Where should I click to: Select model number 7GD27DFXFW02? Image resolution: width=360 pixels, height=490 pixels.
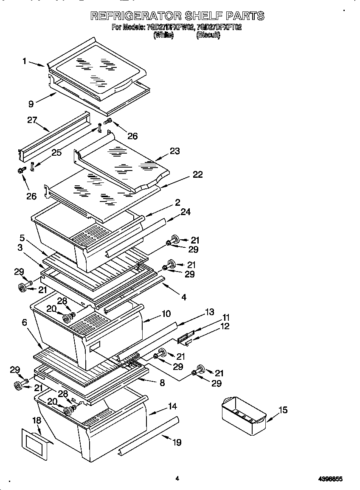click(x=170, y=28)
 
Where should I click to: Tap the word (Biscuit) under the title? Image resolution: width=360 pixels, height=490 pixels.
click(x=208, y=36)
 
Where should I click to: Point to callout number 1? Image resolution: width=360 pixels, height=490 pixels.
click(x=25, y=61)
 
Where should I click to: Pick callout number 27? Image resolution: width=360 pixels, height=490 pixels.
click(x=32, y=120)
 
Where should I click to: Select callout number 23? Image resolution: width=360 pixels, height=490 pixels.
click(x=175, y=151)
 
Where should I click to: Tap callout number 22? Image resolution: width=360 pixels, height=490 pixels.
click(x=197, y=174)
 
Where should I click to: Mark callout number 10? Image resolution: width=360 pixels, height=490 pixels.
click(x=166, y=314)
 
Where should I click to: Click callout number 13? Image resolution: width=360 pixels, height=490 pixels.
click(x=209, y=312)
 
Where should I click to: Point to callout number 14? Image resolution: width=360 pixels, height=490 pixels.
click(x=172, y=406)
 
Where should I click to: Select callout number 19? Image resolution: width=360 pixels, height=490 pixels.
click(x=177, y=442)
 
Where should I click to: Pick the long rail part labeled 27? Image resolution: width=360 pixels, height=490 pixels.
click(x=55, y=135)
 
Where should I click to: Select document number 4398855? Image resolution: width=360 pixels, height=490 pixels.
click(x=330, y=479)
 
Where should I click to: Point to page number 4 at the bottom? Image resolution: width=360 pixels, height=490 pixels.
click(x=177, y=479)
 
